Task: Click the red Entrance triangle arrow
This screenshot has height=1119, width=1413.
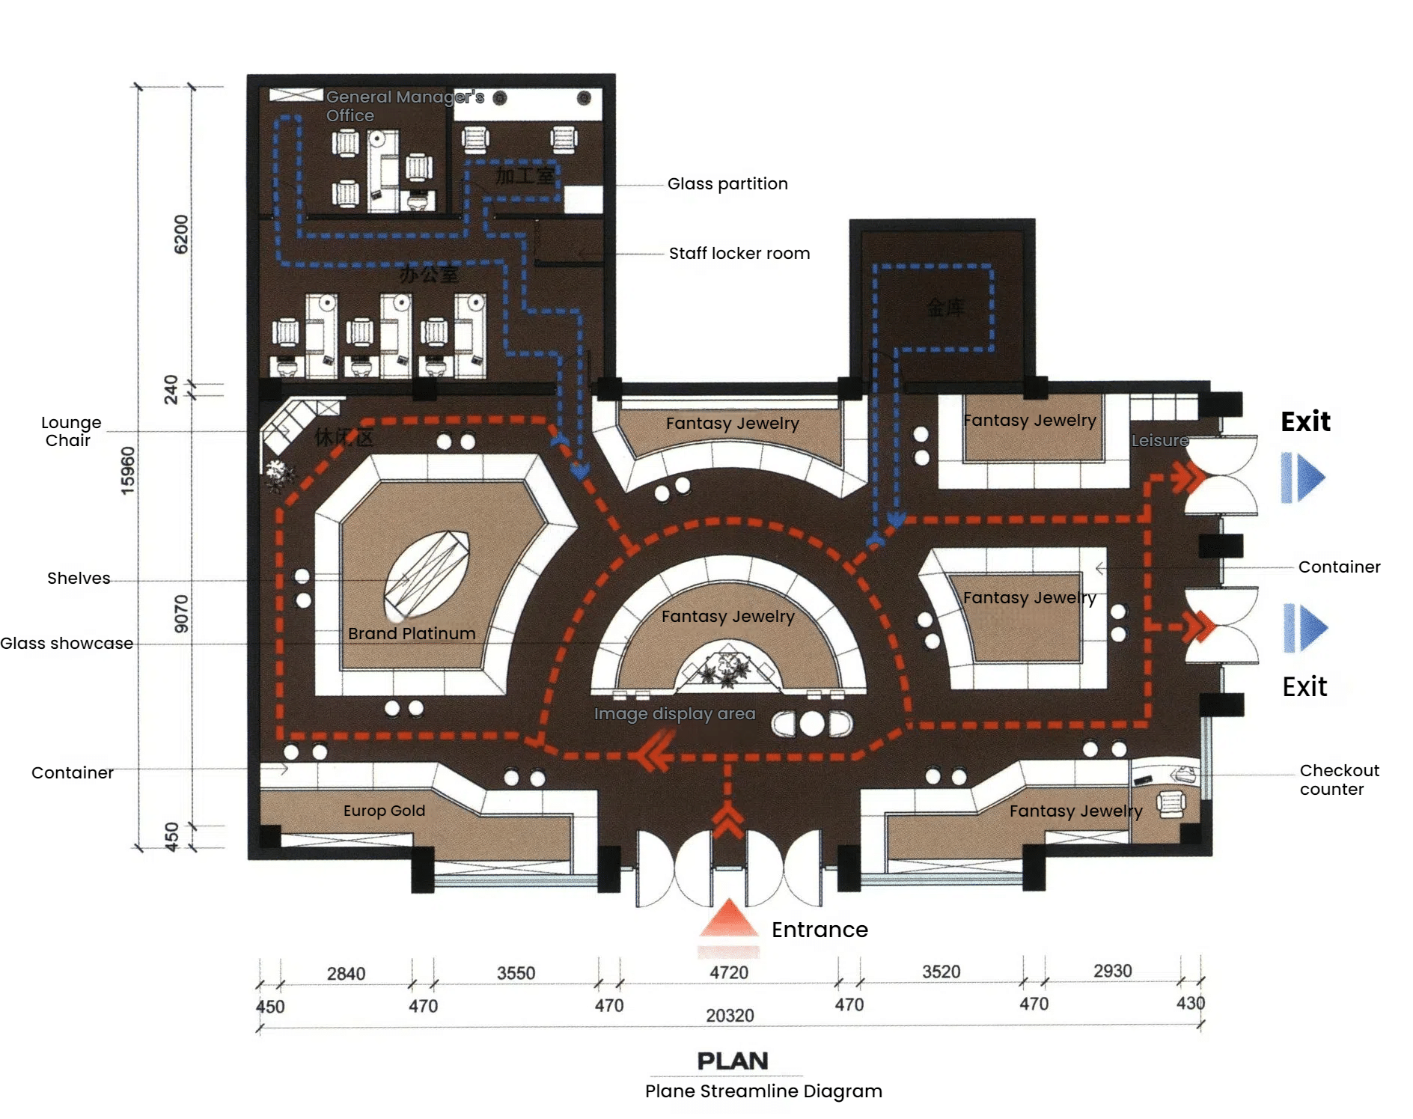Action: [x=728, y=919]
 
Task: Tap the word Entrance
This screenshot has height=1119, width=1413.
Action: [x=820, y=930]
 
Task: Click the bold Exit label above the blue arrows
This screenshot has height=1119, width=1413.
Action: [x=1305, y=421]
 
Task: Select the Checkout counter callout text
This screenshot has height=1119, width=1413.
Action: [x=1339, y=779]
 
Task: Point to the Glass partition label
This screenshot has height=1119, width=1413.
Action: [x=727, y=183]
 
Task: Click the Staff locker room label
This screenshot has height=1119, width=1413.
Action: [x=739, y=253]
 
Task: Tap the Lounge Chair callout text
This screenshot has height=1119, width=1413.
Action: [x=70, y=431]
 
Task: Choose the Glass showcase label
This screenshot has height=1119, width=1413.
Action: [x=67, y=643]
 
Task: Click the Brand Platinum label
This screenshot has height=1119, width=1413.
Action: [x=412, y=633]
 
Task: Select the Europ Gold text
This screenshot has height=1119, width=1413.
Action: [x=384, y=811]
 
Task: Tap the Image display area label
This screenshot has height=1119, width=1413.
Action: [x=674, y=713]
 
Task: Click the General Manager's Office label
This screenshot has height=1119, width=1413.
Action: [x=404, y=106]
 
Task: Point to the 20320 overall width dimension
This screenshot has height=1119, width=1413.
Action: [x=730, y=1015]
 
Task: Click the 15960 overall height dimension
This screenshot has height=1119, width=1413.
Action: [x=128, y=470]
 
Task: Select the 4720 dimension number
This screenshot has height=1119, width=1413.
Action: [x=729, y=972]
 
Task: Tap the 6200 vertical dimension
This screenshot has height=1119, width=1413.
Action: [x=181, y=234]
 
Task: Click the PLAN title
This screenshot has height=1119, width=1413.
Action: [x=733, y=1061]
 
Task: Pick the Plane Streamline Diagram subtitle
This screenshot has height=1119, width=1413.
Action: [x=763, y=1091]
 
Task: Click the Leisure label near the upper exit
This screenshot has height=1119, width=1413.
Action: [x=1159, y=440]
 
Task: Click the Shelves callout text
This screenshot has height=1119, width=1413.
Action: [x=79, y=578]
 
